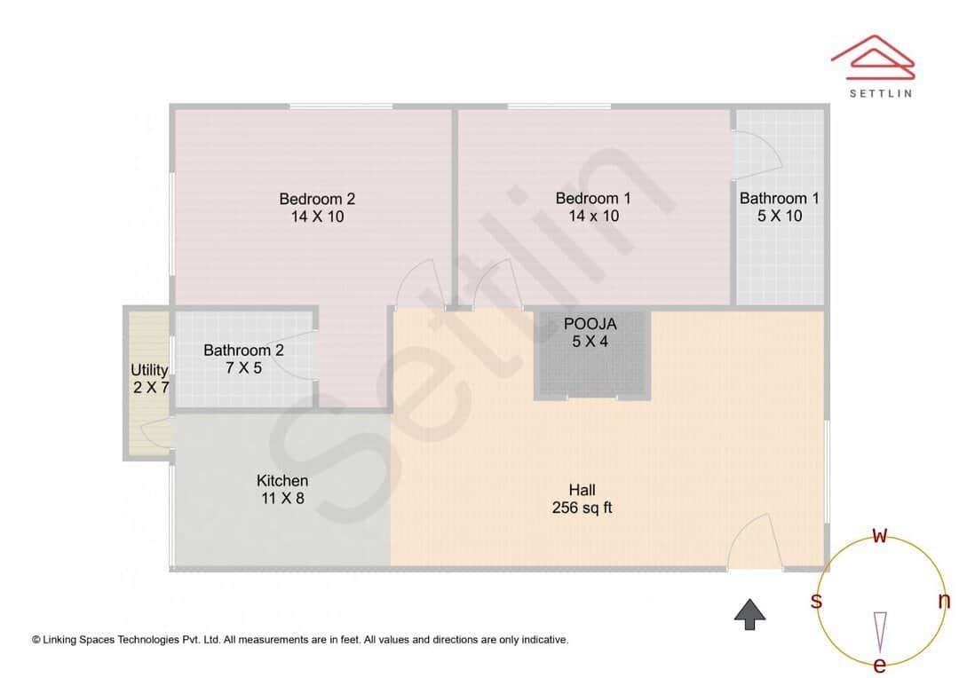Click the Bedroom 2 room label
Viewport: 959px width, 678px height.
[x=317, y=199]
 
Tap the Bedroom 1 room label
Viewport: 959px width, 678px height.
[x=593, y=199]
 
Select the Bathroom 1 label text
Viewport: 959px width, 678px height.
[x=779, y=199]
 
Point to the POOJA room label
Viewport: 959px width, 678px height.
[x=590, y=324]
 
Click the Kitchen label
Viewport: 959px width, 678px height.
[x=282, y=481]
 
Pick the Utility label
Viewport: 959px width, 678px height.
[x=149, y=370]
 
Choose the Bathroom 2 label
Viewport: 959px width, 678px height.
[x=243, y=351]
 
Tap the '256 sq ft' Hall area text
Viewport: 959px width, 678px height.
[x=583, y=508]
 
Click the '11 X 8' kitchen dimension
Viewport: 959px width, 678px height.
[x=282, y=499]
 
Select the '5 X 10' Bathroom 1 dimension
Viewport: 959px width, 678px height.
[x=780, y=216]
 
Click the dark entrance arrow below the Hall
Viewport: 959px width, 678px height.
[x=750, y=614]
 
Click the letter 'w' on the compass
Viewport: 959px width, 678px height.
[x=880, y=535]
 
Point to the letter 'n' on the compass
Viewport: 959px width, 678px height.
[x=944, y=601]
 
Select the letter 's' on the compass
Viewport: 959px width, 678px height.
[x=816, y=601]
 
